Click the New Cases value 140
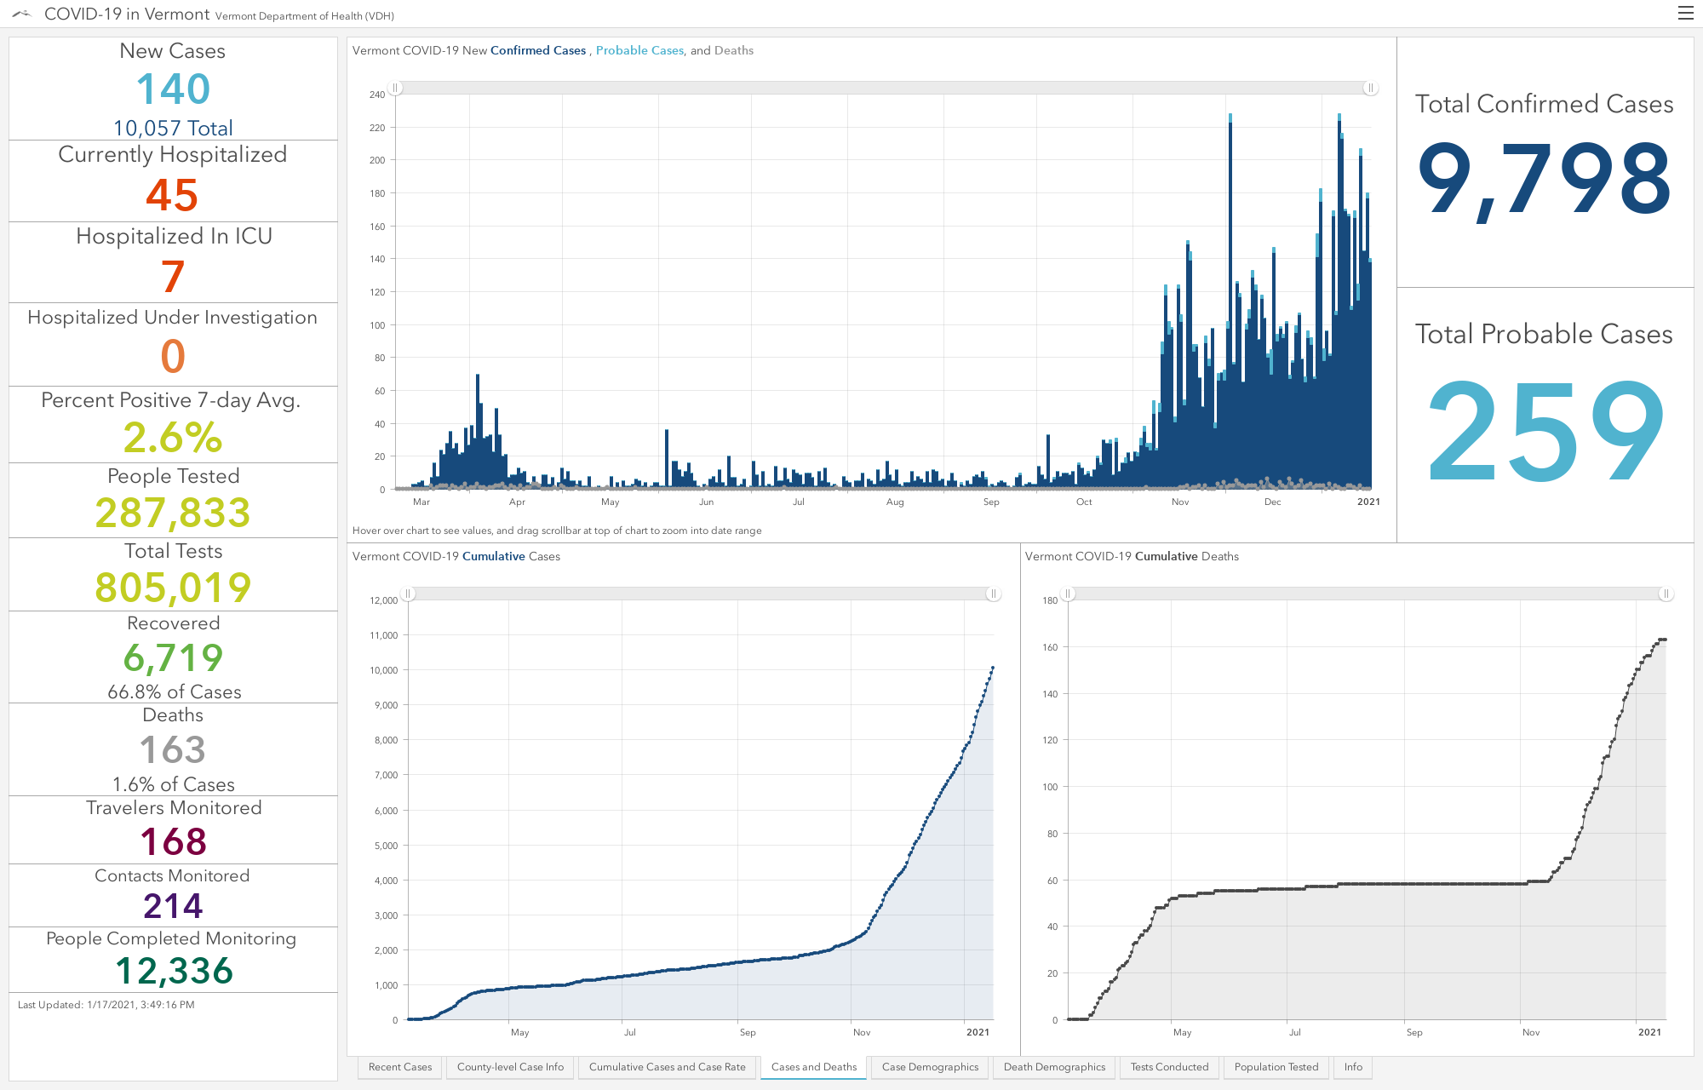[173, 89]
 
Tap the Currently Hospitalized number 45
[172, 195]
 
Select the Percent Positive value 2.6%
[173, 438]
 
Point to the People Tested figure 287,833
[173, 513]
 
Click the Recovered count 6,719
[173, 657]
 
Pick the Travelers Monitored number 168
[174, 841]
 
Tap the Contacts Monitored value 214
[173, 905]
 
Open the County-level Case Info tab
[510, 1067]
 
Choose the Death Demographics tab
[1054, 1067]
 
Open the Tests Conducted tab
[1169, 1067]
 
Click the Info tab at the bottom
[1353, 1067]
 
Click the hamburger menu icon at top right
[1685, 13]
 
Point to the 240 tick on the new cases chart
[377, 95]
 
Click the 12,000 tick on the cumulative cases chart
[384, 600]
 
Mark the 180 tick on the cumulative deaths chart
[1050, 600]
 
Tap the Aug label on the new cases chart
[895, 502]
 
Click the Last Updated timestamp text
[106, 1005]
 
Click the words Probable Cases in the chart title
[639, 50]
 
